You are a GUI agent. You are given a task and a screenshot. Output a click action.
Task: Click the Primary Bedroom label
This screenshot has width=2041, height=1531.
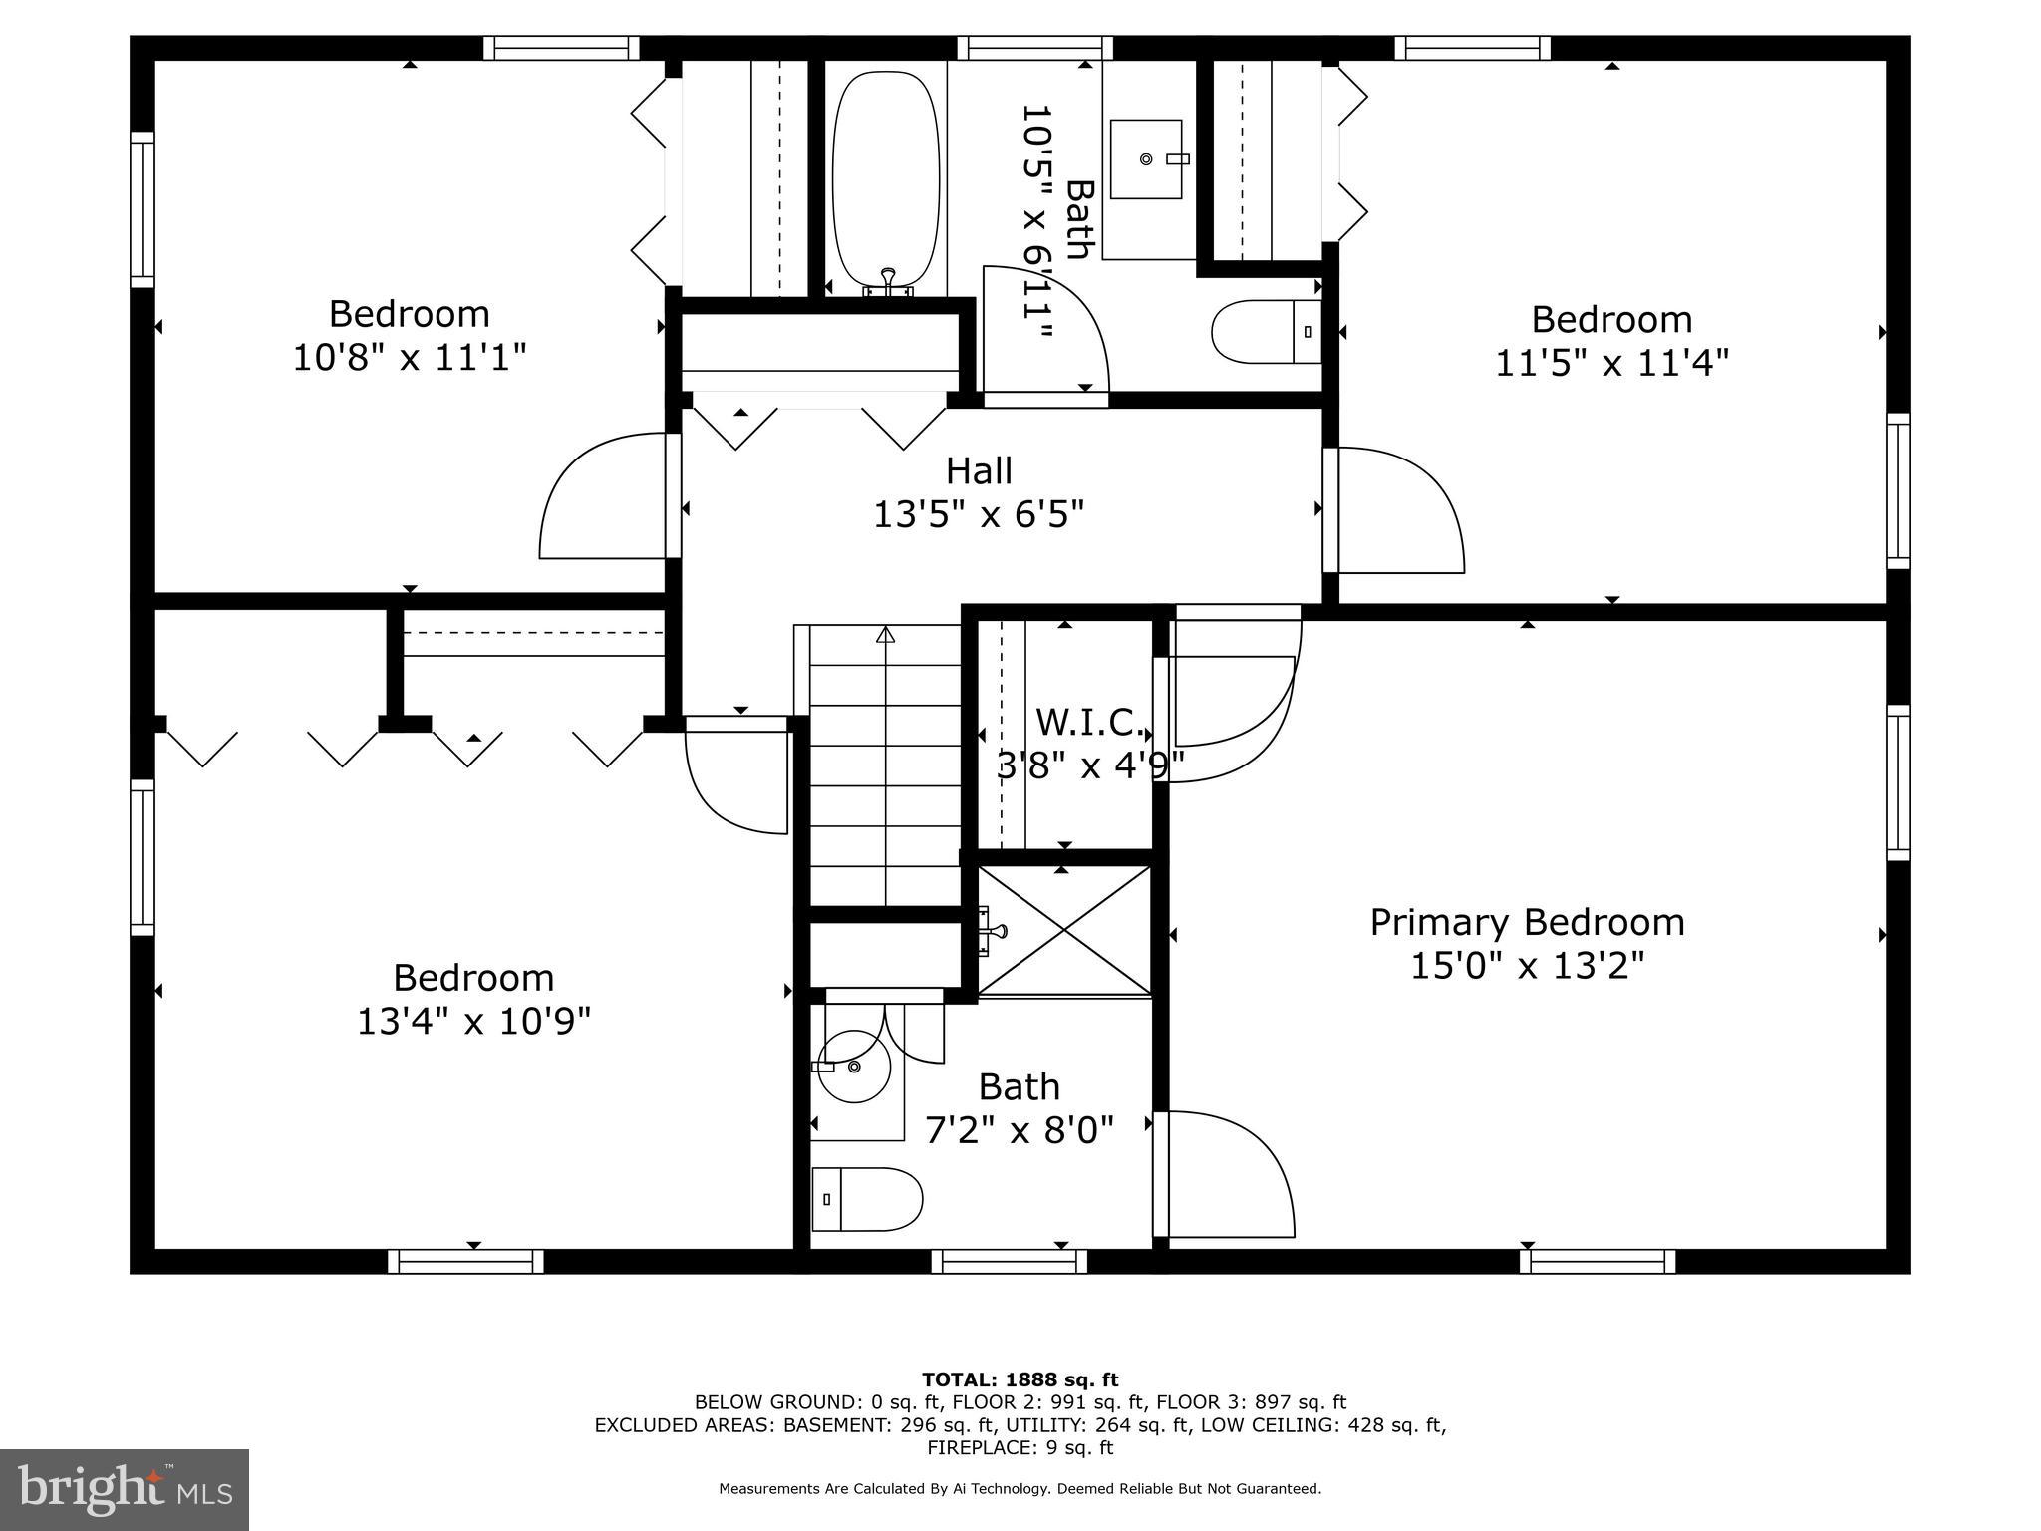(x=1527, y=922)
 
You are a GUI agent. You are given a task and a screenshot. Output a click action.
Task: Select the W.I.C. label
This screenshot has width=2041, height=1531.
(x=1089, y=721)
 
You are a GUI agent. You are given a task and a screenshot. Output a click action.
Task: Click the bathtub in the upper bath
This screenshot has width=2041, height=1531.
(x=886, y=179)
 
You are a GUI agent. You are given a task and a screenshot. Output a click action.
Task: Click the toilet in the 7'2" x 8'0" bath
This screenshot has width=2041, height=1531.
(x=867, y=1199)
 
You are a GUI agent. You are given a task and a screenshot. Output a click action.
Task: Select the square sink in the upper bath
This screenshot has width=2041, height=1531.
(x=1146, y=159)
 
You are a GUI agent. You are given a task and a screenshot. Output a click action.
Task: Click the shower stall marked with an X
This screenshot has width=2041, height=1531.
(x=1064, y=930)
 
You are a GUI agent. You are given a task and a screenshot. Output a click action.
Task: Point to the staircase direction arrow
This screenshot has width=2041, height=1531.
(x=885, y=635)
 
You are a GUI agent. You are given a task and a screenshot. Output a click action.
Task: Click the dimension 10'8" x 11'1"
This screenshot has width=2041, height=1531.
(x=409, y=357)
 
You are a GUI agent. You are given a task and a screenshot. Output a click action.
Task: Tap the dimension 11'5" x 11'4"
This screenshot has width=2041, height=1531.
(x=1611, y=363)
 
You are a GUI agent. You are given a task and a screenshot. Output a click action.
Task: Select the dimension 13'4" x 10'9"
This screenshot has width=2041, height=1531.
(x=473, y=1021)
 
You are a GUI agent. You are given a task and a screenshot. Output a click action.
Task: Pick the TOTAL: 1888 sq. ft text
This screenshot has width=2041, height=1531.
(x=1020, y=1379)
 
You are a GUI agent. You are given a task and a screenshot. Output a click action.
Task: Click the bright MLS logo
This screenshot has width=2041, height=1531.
(x=125, y=1489)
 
